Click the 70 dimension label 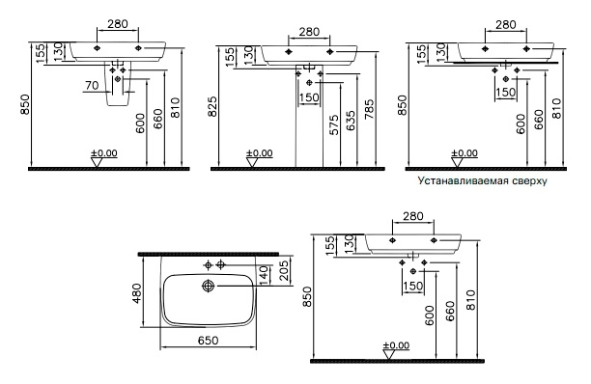(92, 85)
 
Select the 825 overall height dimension (212, 106)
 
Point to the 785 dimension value (369, 109)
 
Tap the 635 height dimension (351, 121)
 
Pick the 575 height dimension (334, 125)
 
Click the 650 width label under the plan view (208, 341)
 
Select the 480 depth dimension (136, 293)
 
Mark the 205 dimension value (285, 271)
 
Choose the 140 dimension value (265, 275)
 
